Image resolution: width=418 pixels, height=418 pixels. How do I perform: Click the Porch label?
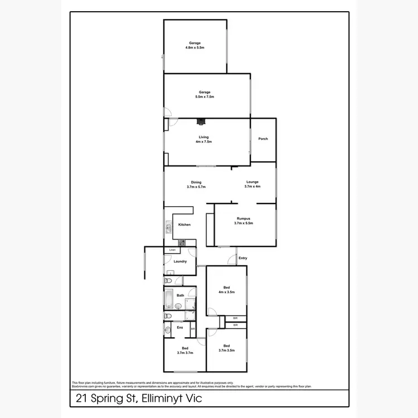click(263, 139)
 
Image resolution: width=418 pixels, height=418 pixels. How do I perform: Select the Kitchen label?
click(184, 225)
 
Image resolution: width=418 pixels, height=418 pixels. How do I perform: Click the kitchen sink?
click(168, 228)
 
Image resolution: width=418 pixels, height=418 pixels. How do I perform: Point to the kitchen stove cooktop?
click(182, 242)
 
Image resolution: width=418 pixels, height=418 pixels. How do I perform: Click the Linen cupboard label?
click(172, 250)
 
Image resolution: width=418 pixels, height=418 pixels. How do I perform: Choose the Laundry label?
click(180, 261)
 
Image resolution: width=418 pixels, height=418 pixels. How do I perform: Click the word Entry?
click(242, 258)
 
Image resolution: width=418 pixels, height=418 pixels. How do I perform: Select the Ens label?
click(179, 327)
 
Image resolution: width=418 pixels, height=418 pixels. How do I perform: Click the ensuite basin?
click(168, 329)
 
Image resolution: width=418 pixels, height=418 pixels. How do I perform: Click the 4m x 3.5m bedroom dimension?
click(226, 292)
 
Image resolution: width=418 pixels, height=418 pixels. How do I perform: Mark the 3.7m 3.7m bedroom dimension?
click(184, 353)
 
